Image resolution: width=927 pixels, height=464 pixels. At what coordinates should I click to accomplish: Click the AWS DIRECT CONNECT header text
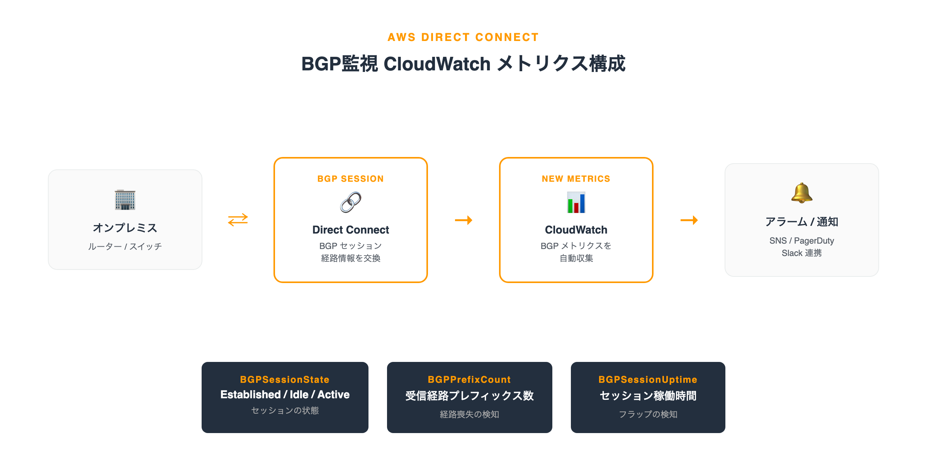[463, 37]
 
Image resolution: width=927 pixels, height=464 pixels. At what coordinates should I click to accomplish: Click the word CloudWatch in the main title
[437, 64]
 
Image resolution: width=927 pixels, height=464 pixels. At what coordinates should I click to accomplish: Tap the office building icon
[125, 200]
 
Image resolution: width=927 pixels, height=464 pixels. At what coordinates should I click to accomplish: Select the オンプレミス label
[125, 228]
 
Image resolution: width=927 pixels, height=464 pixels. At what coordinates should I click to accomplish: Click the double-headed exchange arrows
[238, 220]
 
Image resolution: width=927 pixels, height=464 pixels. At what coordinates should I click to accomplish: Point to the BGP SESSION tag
[350, 179]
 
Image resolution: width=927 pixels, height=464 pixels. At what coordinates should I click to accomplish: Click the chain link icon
[350, 202]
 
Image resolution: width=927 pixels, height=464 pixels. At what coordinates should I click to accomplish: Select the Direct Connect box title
[350, 230]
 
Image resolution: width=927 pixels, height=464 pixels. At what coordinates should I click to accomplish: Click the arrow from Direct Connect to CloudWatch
[463, 220]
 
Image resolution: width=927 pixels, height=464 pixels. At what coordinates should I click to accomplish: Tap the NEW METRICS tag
[576, 179]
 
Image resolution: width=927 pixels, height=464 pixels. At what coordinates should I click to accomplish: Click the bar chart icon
[576, 202]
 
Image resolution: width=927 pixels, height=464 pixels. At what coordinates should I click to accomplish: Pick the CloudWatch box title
[576, 230]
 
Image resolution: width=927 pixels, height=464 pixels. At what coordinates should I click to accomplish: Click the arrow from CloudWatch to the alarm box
[689, 220]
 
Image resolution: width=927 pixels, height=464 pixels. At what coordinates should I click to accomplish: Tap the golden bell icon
[801, 193]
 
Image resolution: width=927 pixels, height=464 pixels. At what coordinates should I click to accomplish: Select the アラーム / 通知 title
[801, 222]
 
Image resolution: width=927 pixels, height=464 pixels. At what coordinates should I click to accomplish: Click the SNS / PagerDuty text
[801, 241]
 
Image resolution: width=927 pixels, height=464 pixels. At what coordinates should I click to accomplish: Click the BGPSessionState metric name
[285, 379]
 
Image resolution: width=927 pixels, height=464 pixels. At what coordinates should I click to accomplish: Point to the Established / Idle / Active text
[285, 394]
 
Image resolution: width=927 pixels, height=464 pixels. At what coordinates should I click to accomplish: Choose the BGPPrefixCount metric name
[469, 379]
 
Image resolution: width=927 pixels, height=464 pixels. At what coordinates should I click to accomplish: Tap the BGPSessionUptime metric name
[648, 379]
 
